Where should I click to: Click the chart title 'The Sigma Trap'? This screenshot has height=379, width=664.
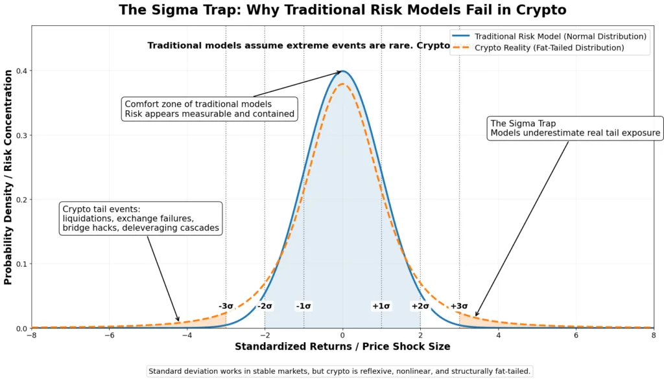pyautogui.click(x=342, y=10)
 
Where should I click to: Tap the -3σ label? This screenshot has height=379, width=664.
pyautogui.click(x=226, y=306)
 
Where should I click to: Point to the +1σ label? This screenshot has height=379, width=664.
pyautogui.click(x=381, y=306)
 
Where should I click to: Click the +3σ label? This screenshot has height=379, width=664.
pyautogui.click(x=459, y=306)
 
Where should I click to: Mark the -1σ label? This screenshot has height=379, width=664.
pyautogui.click(x=303, y=306)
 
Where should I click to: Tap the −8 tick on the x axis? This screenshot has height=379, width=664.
pyautogui.click(x=31, y=336)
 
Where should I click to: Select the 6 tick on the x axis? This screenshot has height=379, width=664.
pyautogui.click(x=576, y=336)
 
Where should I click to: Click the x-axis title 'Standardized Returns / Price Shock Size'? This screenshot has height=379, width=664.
pyautogui.click(x=342, y=347)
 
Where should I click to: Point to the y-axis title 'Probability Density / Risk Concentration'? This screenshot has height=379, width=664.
pyautogui.click(x=8, y=178)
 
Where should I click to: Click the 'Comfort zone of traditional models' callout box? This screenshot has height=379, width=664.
pyautogui.click(x=209, y=109)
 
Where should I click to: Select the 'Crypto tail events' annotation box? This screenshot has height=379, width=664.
pyautogui.click(x=141, y=218)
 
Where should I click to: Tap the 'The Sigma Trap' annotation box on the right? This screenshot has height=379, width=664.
pyautogui.click(x=575, y=128)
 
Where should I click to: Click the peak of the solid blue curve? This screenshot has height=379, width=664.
pyautogui.click(x=343, y=71)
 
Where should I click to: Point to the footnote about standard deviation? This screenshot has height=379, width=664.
pyautogui.click(x=340, y=371)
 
